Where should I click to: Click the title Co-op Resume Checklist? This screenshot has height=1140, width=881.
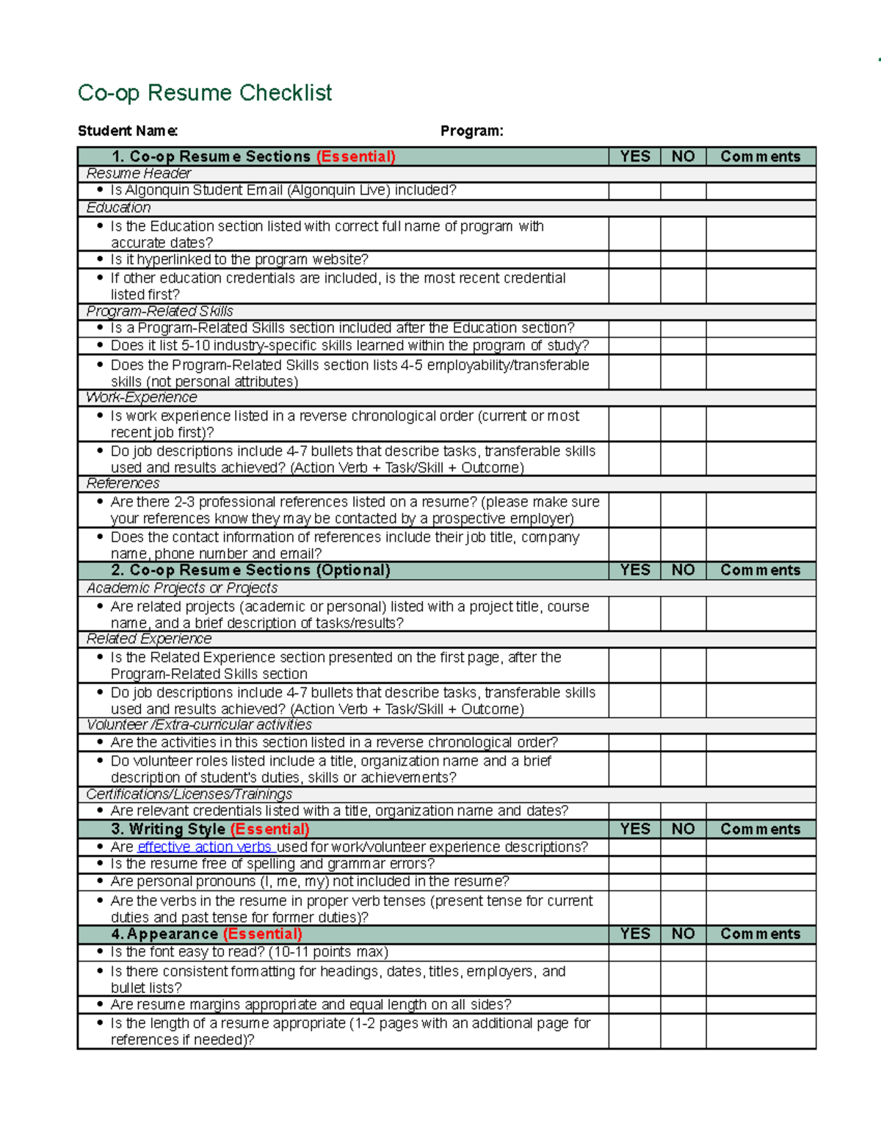click(205, 93)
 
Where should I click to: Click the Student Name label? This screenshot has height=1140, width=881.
click(128, 131)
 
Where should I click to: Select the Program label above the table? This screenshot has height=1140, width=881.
click(471, 131)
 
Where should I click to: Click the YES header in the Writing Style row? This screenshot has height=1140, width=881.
click(634, 829)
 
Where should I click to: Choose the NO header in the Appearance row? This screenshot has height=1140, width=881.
click(683, 934)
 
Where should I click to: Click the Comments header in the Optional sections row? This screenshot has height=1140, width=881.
click(761, 570)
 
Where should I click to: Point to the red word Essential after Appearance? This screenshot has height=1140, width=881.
click(262, 934)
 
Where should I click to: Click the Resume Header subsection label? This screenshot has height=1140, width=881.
click(139, 173)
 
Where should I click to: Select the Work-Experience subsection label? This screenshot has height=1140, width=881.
click(142, 397)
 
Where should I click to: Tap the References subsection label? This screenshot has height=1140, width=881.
click(123, 483)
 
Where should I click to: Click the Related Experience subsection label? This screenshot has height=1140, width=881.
click(149, 639)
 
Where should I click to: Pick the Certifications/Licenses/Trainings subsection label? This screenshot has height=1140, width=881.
click(189, 794)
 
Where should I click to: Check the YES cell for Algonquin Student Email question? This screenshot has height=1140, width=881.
click(634, 191)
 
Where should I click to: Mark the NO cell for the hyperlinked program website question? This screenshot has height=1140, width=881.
click(683, 260)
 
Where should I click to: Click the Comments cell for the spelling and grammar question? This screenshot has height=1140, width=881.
click(761, 864)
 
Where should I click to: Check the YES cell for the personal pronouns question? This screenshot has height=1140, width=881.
click(634, 882)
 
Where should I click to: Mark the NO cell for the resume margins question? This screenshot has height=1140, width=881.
click(683, 1005)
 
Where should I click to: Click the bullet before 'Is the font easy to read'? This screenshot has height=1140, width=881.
click(101, 951)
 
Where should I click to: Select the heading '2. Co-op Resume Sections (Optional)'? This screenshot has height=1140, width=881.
click(251, 570)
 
